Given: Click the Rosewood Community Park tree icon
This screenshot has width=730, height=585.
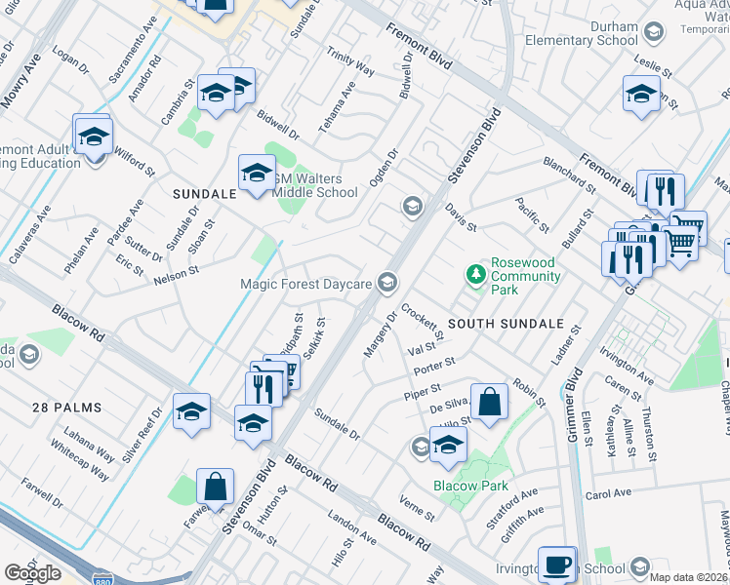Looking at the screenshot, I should [x=476, y=274].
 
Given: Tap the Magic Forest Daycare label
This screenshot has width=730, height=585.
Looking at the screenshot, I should [x=307, y=284].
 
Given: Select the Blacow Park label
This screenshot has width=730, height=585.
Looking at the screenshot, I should [x=471, y=486].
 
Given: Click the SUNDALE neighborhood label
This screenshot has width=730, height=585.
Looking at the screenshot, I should [x=205, y=194].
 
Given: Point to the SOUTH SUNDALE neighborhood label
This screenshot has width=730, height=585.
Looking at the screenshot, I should [x=506, y=323].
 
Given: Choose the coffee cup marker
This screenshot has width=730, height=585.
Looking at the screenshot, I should [x=556, y=565].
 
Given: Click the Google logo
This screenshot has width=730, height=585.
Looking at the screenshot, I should [x=32, y=572].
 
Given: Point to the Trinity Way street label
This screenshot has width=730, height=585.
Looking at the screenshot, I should [x=350, y=61].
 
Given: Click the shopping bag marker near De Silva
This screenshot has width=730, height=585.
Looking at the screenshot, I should [x=489, y=401].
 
